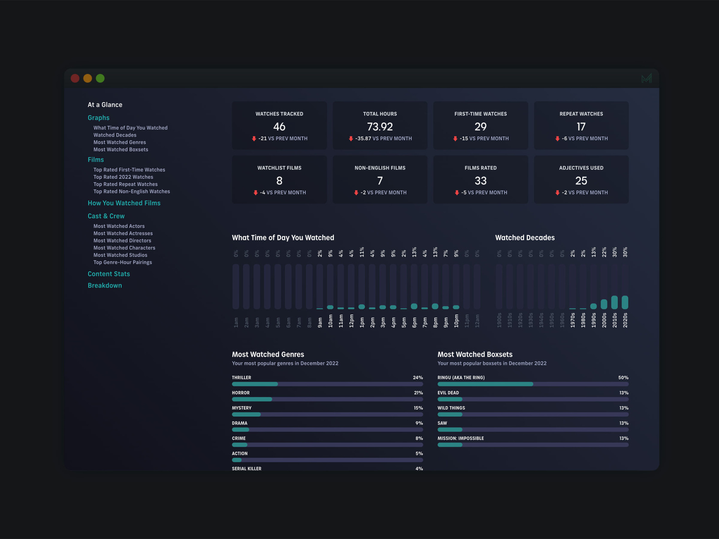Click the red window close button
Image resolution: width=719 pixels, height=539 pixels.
coord(75,78)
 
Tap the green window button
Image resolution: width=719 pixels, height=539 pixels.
coord(100,78)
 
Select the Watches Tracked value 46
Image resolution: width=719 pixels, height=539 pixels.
coord(279,127)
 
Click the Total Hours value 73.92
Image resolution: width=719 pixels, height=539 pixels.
coord(380,127)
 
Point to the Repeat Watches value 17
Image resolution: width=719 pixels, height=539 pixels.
coord(581,127)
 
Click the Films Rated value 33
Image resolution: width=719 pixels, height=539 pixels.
coord(480,181)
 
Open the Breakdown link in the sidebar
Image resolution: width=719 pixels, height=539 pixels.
coord(104,285)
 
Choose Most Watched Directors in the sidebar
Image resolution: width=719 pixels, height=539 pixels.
coord(122,240)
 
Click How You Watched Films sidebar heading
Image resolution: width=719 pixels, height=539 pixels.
coord(124,203)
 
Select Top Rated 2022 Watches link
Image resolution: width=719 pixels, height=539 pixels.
coord(123,177)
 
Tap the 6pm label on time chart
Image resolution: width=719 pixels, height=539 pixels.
coord(414,321)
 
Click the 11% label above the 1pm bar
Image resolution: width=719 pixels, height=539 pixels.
coord(362,252)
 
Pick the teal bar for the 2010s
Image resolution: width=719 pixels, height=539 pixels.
coord(615,302)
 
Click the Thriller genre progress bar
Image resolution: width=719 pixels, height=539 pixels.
coord(327,384)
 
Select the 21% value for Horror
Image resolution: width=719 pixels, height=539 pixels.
coord(418,393)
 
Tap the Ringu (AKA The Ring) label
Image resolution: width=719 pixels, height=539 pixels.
coord(461,377)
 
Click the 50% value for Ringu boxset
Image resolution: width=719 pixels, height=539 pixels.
coord(623,377)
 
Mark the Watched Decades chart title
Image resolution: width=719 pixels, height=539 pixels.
coord(525,238)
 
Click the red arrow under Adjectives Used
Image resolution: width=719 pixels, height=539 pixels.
coord(557,193)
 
